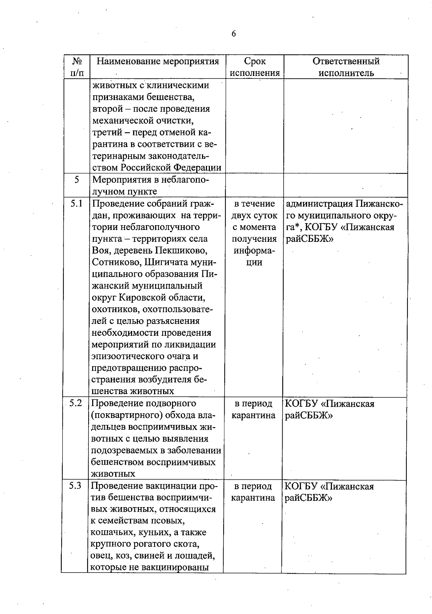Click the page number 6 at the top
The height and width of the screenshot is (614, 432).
[234, 34]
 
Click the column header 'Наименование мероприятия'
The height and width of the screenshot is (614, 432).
[158, 61]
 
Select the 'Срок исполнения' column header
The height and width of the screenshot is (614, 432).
[255, 67]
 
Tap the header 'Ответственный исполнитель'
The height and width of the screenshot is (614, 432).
[346, 67]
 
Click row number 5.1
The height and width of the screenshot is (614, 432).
[76, 204]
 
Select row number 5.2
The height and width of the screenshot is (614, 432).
[76, 403]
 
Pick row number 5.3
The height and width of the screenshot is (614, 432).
[75, 486]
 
